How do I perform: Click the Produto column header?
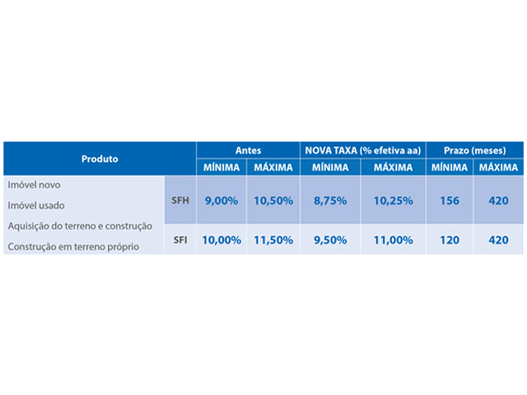click(x=100, y=158)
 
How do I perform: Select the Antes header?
click(x=248, y=151)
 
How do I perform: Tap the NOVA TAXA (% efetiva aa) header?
click(x=362, y=151)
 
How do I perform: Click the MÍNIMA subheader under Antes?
click(x=222, y=167)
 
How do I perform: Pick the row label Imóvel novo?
click(x=34, y=184)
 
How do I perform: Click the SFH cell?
click(x=180, y=200)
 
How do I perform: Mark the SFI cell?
click(x=180, y=240)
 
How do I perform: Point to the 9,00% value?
click(x=222, y=200)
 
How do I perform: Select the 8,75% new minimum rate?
click(x=331, y=200)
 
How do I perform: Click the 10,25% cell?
click(x=393, y=200)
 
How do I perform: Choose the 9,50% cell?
click(x=331, y=240)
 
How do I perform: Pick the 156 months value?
click(x=449, y=200)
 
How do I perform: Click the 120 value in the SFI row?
click(x=449, y=240)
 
